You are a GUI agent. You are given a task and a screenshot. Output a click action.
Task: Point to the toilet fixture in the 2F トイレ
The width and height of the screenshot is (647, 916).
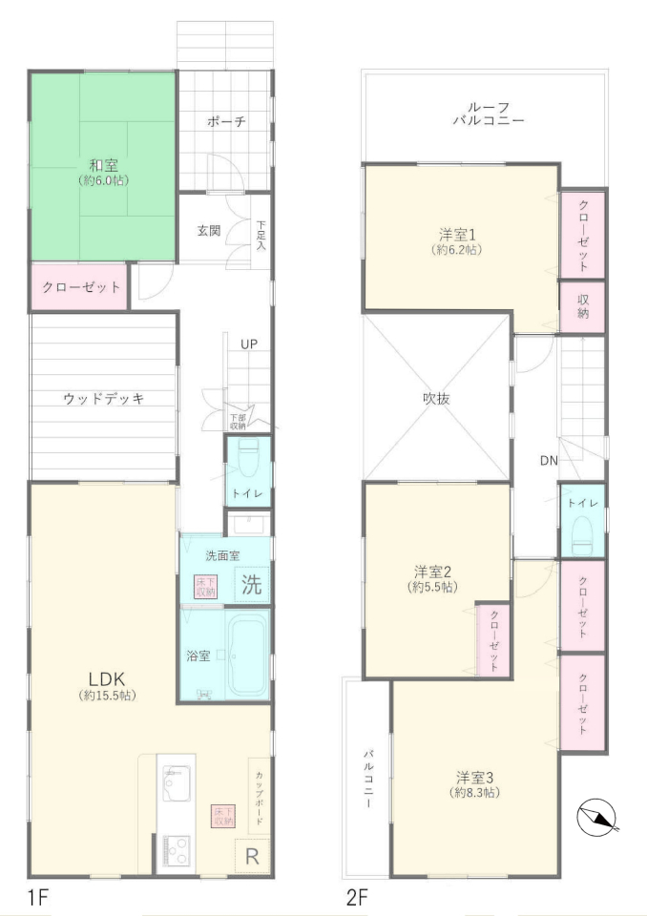coord(582,534)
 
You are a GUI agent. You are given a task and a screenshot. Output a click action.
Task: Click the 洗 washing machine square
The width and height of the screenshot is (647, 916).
coord(252,584)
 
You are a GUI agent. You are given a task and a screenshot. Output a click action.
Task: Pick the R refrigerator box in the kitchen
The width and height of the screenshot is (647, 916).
coord(252,857)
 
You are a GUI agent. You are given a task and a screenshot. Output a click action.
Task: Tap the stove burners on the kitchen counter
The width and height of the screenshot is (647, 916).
coord(176,850)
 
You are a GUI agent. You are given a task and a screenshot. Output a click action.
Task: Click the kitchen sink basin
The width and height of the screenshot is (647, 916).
coord(176,783)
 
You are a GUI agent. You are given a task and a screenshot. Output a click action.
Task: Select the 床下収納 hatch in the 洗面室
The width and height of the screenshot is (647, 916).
coord(205,587)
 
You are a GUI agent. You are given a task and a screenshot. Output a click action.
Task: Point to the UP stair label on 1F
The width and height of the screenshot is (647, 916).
coord(249,344)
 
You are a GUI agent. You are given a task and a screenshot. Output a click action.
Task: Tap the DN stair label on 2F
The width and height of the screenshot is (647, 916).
coord(549,460)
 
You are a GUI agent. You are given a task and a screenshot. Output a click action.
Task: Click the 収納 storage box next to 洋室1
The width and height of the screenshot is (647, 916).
coord(582,306)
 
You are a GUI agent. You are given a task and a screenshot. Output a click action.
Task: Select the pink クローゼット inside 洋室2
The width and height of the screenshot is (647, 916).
coord(494,639)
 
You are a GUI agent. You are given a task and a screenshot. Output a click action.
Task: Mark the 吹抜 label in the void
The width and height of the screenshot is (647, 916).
coord(437,399)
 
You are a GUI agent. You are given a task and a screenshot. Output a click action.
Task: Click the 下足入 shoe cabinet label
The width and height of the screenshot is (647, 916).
coord(261,235)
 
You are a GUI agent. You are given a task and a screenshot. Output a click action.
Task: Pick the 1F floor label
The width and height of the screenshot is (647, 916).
coord(37,897)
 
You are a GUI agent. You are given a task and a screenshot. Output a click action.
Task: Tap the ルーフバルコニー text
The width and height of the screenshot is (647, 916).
coord(488,114)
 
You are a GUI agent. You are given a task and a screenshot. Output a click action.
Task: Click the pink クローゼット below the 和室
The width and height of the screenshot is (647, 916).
coord(79,287)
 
